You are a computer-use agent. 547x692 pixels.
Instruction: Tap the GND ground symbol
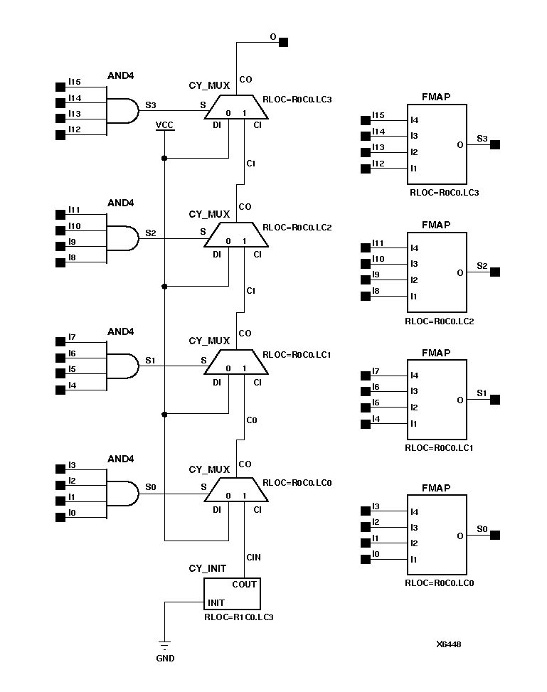coord(165,646)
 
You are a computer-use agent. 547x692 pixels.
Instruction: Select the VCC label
coord(164,125)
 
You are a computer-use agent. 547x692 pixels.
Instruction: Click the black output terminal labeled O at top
coord(283,42)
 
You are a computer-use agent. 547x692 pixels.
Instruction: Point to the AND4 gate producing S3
coord(122,110)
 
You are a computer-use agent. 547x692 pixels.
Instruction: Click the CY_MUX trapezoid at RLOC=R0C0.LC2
coord(236,235)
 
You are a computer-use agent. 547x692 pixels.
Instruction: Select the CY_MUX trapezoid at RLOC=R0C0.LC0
coord(236,491)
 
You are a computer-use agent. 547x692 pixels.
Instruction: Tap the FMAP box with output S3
coord(437,144)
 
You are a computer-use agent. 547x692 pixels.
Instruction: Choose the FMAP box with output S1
coord(437,400)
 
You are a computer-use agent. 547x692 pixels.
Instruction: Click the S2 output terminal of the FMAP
coord(496,272)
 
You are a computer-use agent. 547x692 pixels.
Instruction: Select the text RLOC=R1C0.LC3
coord(238,617)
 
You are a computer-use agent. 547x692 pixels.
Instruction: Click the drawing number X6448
coord(449,644)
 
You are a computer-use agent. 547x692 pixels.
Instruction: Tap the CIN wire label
coord(253,557)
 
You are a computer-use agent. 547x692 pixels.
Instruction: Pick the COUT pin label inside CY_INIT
coord(245,585)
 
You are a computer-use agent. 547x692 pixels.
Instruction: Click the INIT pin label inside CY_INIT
coord(216,603)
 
